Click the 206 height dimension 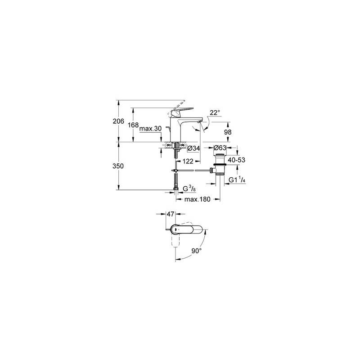[118, 121]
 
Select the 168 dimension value [133, 125]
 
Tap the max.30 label [151, 129]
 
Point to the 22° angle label [215, 113]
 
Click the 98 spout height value [228, 132]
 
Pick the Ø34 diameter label [193, 148]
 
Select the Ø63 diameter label [220, 148]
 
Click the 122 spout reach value [188, 162]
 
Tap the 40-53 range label [237, 160]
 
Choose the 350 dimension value [118, 166]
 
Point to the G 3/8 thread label [189, 189]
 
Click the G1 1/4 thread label [237, 180]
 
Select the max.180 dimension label [198, 199]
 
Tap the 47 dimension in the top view [170, 214]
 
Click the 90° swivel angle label [197, 251]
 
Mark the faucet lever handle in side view [181, 112]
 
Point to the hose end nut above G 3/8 [176, 189]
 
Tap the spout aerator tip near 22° [199, 121]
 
